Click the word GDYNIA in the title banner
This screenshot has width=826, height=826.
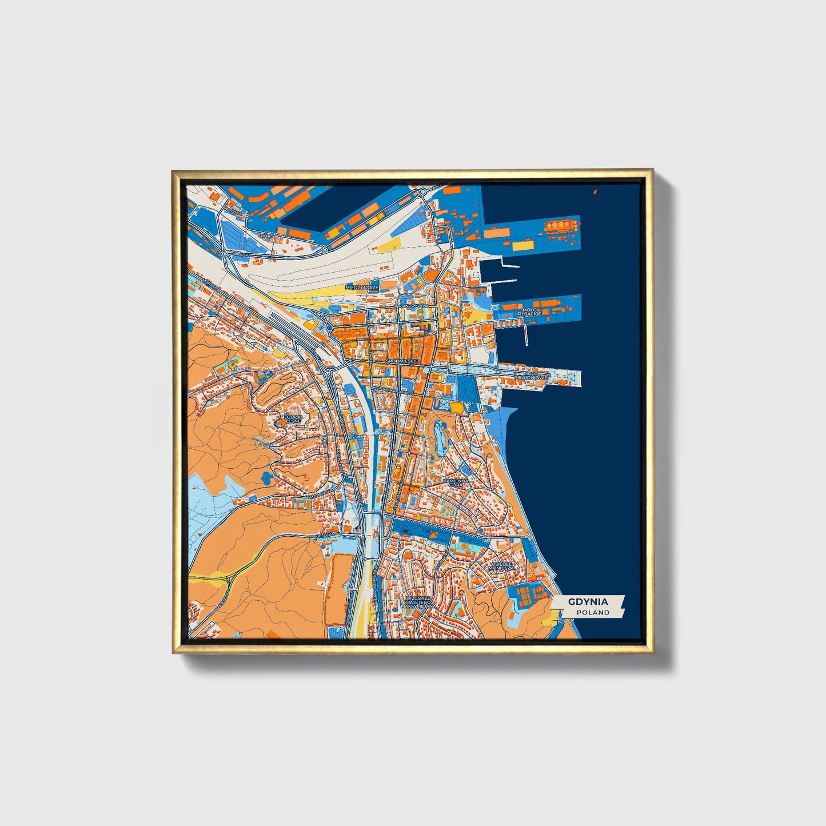(x=588, y=602)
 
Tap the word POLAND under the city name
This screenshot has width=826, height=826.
(x=593, y=612)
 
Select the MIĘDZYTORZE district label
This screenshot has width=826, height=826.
(x=362, y=287)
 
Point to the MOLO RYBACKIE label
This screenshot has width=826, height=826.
(x=529, y=312)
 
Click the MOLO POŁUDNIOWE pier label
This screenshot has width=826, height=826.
(x=532, y=376)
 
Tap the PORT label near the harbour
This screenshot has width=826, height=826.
(x=266, y=235)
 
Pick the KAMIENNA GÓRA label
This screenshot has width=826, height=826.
(x=456, y=483)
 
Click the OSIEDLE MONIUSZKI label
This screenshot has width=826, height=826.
(x=502, y=565)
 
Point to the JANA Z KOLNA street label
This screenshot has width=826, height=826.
(x=414, y=306)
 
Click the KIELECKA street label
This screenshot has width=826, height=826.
(x=323, y=535)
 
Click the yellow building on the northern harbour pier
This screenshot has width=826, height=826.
(x=522, y=246)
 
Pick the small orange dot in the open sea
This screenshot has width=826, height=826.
(x=595, y=191)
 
